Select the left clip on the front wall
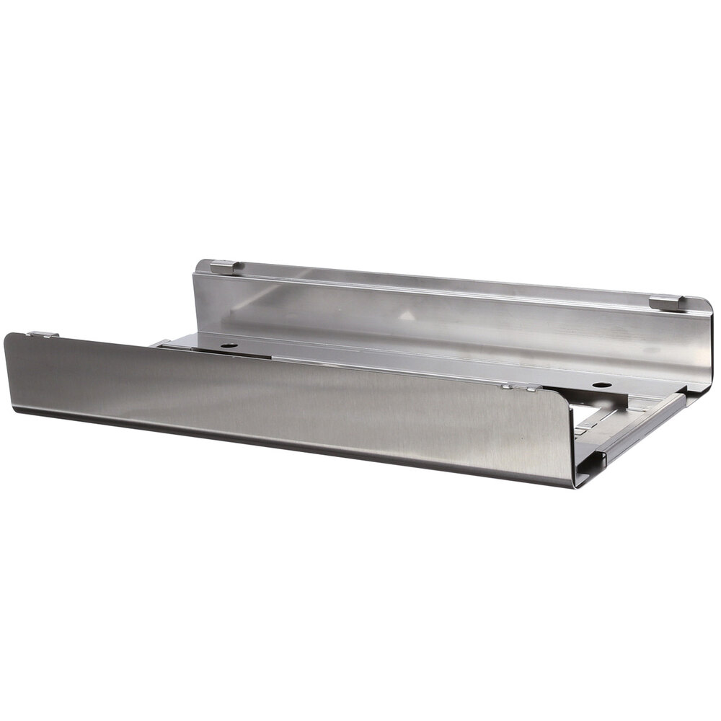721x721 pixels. pos(43,334)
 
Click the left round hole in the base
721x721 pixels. pos(229,346)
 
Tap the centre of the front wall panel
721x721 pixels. pos(288,407)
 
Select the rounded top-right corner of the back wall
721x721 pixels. pos(705,306)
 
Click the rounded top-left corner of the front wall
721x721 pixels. pos(10,337)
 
